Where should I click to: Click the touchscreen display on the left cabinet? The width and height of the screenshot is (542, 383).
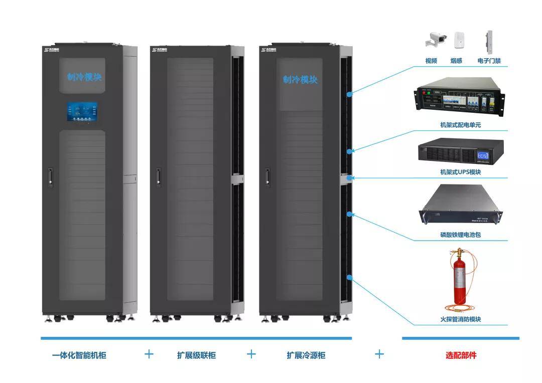[x=82, y=112]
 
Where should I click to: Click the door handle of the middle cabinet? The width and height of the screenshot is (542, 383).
[x=158, y=176]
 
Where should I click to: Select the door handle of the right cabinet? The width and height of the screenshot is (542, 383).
[x=267, y=176]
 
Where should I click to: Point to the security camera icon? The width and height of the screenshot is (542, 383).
[x=437, y=39]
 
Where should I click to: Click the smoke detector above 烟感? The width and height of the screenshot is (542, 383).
[x=458, y=40]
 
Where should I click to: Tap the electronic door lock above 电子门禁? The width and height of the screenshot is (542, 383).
[x=489, y=42]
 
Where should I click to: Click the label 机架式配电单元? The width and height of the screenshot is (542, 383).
[x=457, y=125]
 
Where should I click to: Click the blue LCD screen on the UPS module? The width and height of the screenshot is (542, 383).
[x=484, y=156]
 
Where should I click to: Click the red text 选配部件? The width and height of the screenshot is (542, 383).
[x=461, y=355]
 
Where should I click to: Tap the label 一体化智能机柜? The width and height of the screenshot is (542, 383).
[x=79, y=355]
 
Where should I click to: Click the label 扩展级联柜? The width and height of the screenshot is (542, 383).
[x=196, y=355]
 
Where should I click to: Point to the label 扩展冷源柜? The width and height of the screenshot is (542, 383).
[x=306, y=355]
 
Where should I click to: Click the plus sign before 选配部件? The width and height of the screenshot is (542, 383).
[x=379, y=354]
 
